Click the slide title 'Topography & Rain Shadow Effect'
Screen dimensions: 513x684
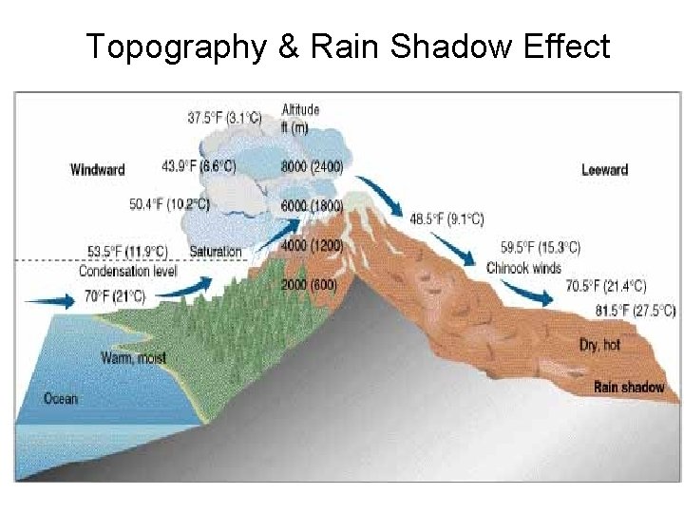348,46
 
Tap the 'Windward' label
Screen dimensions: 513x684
98,170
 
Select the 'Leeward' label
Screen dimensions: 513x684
604,170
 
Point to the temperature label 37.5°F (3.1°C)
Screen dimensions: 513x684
224,118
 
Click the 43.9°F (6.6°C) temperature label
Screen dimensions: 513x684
199,165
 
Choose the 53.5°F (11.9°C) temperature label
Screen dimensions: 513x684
127,252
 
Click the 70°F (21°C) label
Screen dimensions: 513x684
115,296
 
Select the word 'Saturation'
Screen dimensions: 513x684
216,252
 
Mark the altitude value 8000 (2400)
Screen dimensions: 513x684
313,166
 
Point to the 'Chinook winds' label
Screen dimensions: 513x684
523,268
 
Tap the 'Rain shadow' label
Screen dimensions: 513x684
629,387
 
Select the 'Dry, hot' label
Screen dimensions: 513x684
599,344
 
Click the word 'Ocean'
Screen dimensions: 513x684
61,398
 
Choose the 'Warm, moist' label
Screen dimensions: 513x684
133,358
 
